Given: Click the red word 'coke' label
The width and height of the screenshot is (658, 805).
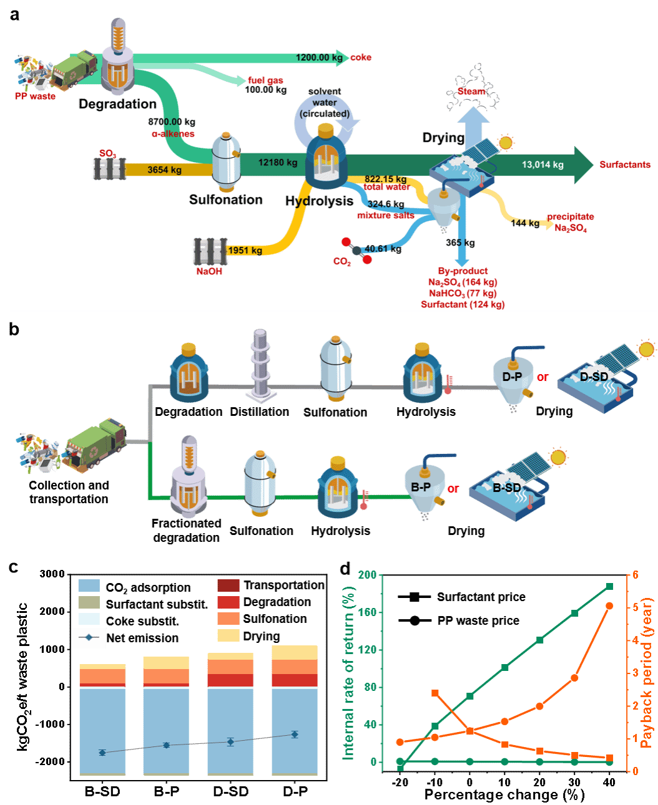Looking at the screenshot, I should [361, 57].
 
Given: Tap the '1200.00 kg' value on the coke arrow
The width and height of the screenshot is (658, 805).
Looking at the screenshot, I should [319, 57].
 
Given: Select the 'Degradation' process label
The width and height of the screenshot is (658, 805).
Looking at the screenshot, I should [117, 104].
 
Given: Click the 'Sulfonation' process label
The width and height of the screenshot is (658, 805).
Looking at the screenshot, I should [225, 200].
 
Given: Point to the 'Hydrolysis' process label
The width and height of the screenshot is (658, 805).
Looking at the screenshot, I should [319, 201].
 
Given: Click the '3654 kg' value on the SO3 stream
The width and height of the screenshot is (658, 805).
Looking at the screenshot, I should [165, 170].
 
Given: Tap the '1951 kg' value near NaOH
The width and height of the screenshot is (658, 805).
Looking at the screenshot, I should [245, 251].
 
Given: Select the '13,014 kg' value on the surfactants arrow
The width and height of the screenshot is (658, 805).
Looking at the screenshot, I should [543, 165].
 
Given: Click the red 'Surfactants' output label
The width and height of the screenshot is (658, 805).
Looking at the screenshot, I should [625, 165].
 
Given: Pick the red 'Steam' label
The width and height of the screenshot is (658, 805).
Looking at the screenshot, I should [471, 91].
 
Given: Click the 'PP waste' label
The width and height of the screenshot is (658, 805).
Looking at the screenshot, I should [35, 97].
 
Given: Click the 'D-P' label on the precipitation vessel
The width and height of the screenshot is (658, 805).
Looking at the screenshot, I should [512, 377].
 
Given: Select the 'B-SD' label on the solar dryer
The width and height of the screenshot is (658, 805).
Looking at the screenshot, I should [506, 488].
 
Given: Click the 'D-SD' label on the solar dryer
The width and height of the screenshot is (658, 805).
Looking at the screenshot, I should [594, 377].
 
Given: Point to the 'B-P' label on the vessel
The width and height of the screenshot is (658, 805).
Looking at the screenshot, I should [421, 487].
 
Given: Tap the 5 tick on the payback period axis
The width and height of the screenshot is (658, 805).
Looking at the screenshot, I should [636, 607].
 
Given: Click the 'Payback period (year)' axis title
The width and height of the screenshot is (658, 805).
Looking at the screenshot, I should [647, 673].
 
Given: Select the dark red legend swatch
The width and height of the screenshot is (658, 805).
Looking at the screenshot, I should [228, 586].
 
